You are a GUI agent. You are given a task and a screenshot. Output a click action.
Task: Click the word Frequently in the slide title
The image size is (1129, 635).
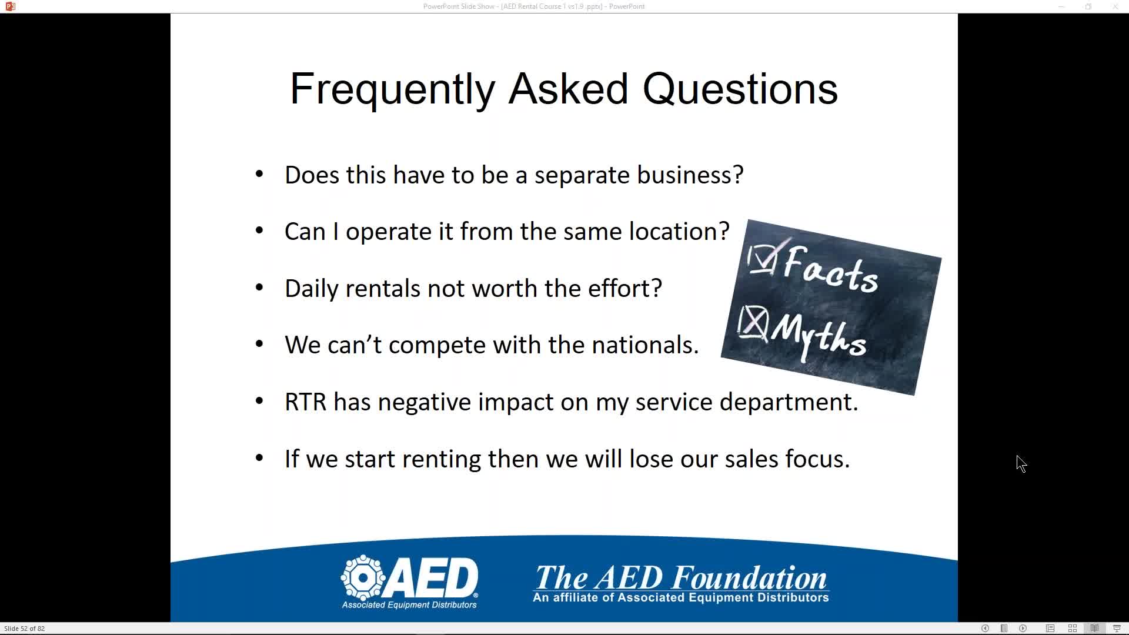tap(393, 89)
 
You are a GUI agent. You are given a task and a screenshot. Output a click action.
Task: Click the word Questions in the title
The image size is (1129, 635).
tap(740, 89)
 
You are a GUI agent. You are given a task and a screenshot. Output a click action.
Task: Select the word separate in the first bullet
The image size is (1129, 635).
tap(582, 175)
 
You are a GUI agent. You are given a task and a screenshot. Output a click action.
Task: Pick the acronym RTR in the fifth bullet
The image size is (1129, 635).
tap(305, 402)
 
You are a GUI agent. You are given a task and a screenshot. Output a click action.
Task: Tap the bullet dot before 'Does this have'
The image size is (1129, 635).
tap(259, 175)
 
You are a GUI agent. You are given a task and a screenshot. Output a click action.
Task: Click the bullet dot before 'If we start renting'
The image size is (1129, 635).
tap(259, 459)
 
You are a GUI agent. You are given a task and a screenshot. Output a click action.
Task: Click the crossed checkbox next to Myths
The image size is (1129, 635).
tap(753, 323)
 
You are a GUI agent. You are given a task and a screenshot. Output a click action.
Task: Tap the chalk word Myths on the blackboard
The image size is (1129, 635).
tap(819, 335)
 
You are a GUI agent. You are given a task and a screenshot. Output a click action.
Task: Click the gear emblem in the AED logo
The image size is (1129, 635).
tap(363, 577)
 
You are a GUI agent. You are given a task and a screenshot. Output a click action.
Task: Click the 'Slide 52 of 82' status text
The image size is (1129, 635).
tap(25, 629)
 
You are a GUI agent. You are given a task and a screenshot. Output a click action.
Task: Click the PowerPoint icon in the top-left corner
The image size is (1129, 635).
tap(10, 6)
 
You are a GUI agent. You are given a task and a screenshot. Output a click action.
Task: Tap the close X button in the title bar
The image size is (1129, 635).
tap(1115, 6)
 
